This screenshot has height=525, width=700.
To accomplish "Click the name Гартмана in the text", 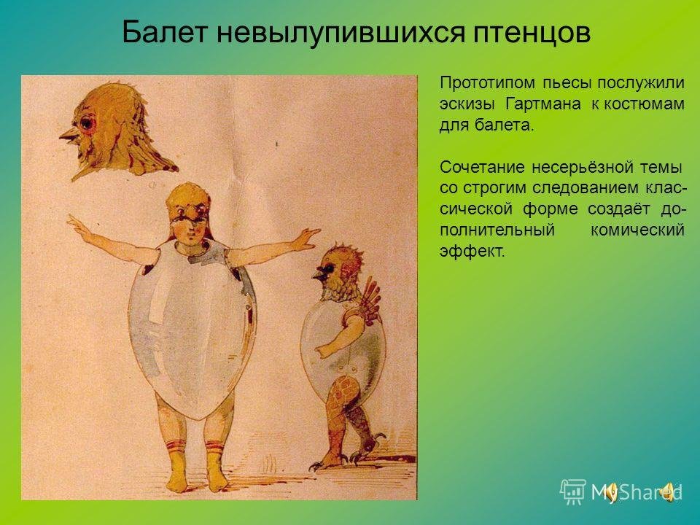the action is pyautogui.click(x=542, y=104).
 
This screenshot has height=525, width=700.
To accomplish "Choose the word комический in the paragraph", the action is pyautogui.click(x=637, y=230).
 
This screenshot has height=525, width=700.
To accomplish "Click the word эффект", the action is pyautogui.click(x=472, y=252).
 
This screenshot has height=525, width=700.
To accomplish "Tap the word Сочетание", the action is pyautogui.click(x=482, y=168).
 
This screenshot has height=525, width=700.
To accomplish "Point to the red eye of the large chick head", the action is pyautogui.click(x=88, y=122).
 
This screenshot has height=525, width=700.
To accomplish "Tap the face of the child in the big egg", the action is pyautogui.click(x=190, y=228).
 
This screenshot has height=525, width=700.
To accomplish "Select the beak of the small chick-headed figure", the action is pyautogui.click(x=321, y=273).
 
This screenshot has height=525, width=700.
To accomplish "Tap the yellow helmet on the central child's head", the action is pyautogui.click(x=188, y=202).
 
